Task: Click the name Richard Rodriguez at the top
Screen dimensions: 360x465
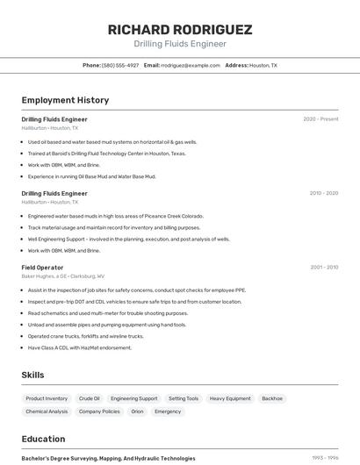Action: (180, 29)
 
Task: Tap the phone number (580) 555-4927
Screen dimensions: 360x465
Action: (120, 65)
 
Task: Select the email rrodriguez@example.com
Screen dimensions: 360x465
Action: (190, 65)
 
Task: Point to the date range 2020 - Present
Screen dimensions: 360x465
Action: (320, 119)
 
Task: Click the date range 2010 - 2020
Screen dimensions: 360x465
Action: (323, 193)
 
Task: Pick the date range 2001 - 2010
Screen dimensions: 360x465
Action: (323, 268)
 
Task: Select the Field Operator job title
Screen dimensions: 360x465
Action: (42, 268)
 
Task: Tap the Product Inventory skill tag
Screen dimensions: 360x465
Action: (47, 398)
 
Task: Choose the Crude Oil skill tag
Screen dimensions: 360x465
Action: (89, 398)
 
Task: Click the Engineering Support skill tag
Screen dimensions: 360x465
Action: (133, 398)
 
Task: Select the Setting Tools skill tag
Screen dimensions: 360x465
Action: (184, 398)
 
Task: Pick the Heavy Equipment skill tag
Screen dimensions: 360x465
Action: (230, 398)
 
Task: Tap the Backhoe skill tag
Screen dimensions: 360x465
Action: (272, 398)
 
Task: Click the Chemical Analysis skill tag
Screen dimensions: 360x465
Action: (47, 411)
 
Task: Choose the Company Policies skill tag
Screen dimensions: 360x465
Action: (99, 411)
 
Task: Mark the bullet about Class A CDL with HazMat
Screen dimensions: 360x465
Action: (79, 347)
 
